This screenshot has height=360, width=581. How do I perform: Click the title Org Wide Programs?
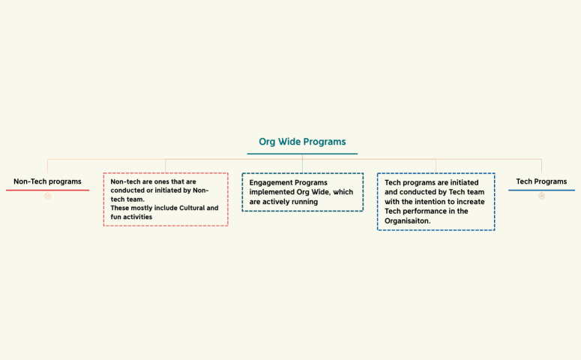(x=302, y=141)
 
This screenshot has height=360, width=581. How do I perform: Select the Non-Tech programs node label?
(x=47, y=181)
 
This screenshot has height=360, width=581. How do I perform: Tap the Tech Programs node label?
(x=541, y=181)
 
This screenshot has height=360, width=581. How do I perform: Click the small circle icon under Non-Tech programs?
(x=47, y=196)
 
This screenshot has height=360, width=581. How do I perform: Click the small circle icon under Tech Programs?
(x=541, y=196)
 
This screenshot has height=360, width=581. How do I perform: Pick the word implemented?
(x=273, y=192)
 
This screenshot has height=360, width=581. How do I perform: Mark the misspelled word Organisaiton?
(x=408, y=221)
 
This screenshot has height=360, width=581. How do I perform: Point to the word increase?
(x=470, y=202)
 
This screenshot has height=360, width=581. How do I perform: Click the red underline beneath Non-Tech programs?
(x=47, y=190)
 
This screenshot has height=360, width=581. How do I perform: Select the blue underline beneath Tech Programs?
(x=541, y=190)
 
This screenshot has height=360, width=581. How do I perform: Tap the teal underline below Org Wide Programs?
(x=302, y=154)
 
